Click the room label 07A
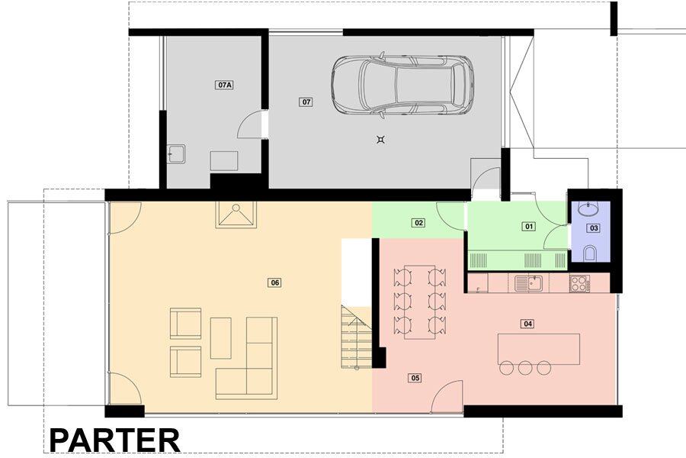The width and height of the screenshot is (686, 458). [224, 85]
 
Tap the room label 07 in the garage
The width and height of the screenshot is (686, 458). [306, 102]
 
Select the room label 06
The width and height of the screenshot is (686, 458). [274, 282]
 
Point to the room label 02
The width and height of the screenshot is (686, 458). [418, 223]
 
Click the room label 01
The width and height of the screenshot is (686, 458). [529, 227]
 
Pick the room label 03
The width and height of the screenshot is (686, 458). [594, 228]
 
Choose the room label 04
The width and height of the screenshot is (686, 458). [527, 324]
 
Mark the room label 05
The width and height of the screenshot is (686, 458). [415, 378]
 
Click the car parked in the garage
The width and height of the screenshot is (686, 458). [402, 85]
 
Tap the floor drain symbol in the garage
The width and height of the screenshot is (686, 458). [380, 140]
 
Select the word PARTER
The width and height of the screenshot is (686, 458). [114, 440]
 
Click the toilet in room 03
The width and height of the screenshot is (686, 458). [589, 253]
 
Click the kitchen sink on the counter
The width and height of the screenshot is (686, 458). [528, 283]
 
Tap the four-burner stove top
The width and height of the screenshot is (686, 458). [580, 283]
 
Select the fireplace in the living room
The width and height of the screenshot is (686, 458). [236, 214]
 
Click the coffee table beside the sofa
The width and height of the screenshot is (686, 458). [221, 338]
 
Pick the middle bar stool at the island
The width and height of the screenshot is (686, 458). [525, 368]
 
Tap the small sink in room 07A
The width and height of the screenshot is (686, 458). [176, 154]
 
